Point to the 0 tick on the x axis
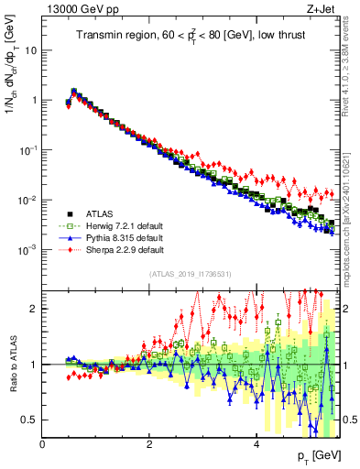coord(43,444)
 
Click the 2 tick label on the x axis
coord(149,444)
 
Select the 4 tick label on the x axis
coord(256,444)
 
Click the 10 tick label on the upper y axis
coord(29,50)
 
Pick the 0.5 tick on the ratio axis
coord(29,420)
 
